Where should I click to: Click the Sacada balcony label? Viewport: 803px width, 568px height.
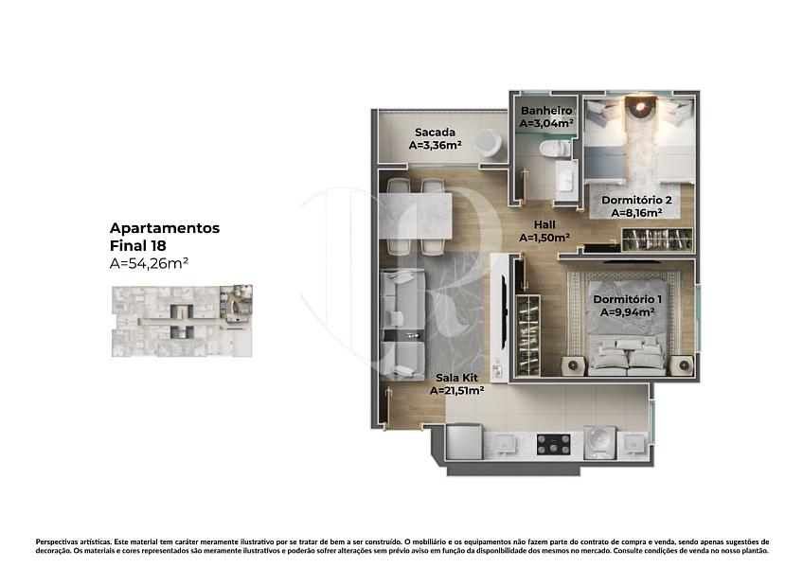click(x=435, y=133)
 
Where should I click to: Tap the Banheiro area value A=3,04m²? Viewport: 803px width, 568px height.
click(x=546, y=123)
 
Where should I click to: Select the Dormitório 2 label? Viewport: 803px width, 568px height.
click(x=636, y=201)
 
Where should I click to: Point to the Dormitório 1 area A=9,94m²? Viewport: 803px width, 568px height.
click(x=627, y=312)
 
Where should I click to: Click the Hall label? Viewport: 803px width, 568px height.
click(x=544, y=224)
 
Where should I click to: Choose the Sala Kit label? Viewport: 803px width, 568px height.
click(x=456, y=378)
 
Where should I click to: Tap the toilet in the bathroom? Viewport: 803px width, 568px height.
click(x=555, y=149)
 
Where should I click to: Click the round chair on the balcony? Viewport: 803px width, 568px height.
click(x=487, y=142)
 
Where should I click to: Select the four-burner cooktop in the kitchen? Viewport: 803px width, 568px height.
click(x=554, y=445)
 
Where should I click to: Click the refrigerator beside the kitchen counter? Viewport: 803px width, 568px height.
click(x=464, y=441)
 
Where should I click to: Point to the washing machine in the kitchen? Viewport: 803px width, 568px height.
click(x=599, y=441)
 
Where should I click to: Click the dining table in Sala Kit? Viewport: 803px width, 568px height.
click(x=416, y=216)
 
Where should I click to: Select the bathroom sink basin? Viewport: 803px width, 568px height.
click(x=565, y=179)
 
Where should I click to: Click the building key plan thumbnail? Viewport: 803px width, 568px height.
click(x=182, y=321)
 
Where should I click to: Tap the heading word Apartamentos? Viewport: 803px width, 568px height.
click(x=165, y=228)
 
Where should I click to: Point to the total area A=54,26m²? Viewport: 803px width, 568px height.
click(x=149, y=263)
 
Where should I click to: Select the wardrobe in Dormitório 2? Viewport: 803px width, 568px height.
click(x=657, y=240)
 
